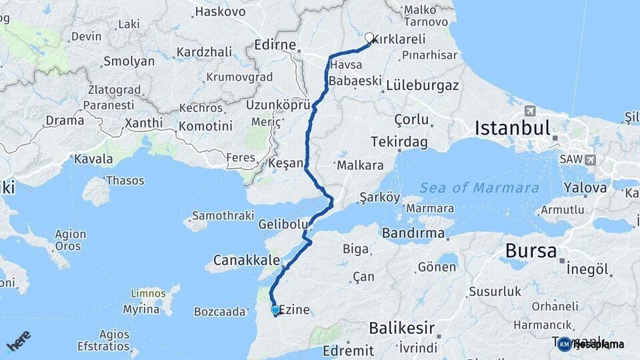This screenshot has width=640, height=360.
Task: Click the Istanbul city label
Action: (x=513, y=128)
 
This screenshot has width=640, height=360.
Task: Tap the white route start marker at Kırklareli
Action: (x=369, y=37)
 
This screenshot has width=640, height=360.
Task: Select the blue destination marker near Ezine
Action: (x=275, y=309)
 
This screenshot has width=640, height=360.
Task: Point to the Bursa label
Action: (x=531, y=251)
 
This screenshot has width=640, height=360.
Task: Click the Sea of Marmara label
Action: (x=479, y=187)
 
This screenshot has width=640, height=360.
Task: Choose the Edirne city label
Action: (x=275, y=45)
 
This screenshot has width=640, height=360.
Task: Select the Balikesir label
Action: (x=401, y=328)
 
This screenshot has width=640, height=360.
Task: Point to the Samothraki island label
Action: (x=223, y=215)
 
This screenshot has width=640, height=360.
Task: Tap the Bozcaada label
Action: (x=221, y=311)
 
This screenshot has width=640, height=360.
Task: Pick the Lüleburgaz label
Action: (x=423, y=85)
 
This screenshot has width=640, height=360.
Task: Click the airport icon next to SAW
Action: (x=590, y=160)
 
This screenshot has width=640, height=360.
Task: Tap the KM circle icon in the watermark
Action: (x=565, y=344)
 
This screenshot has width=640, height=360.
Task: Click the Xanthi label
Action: (x=143, y=123)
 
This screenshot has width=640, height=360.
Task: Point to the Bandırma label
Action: (x=413, y=233)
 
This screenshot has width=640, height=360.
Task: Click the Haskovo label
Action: (x=213, y=12)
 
